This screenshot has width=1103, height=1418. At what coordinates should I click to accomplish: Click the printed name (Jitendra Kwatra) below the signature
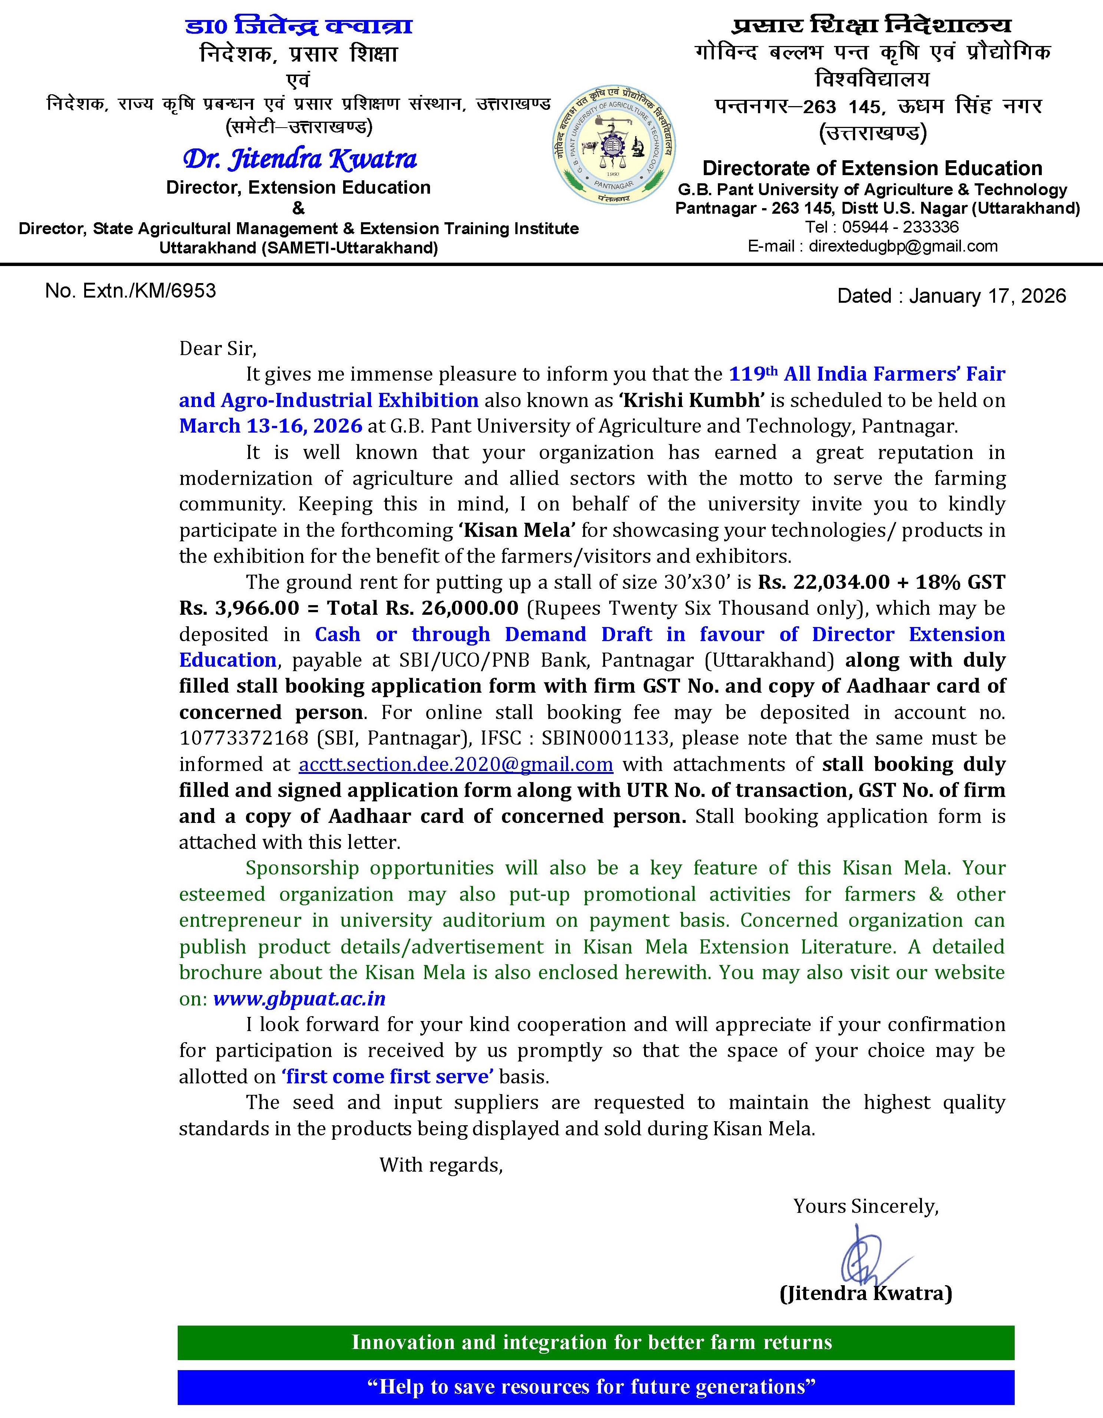coord(866,1293)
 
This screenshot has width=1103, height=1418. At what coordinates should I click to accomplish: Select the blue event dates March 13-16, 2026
coord(271,426)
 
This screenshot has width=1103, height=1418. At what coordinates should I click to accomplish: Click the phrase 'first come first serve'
coord(388,1077)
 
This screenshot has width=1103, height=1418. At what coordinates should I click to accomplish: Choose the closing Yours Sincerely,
coord(866,1206)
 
